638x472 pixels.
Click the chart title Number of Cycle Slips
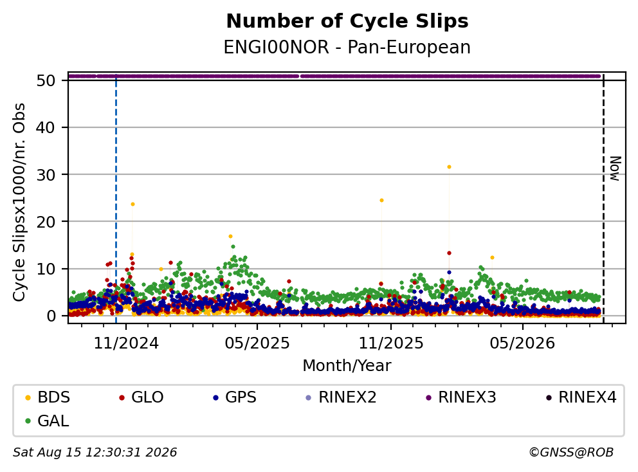[x=347, y=21]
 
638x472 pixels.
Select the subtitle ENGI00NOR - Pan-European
[x=347, y=47]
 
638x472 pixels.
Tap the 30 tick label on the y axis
[x=46, y=174]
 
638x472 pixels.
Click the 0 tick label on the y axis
[x=51, y=316]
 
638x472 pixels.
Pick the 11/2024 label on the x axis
[x=126, y=343]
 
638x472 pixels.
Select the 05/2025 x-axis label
[x=257, y=343]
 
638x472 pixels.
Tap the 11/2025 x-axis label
[x=391, y=343]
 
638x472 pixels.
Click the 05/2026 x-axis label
[x=522, y=343]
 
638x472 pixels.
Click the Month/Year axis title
[x=347, y=365]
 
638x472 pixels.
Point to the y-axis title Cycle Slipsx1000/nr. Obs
[x=19, y=202]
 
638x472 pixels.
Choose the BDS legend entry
[x=48, y=397]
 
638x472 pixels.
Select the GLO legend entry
[x=141, y=397]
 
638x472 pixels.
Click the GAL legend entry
[x=47, y=421]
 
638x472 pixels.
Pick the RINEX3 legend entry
[x=461, y=397]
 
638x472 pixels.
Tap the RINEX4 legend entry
[x=581, y=397]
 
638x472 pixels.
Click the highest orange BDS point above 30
[x=449, y=167]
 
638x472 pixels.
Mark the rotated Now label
[x=615, y=168]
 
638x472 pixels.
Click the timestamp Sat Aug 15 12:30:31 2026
[x=95, y=453]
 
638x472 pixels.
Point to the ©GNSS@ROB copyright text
[x=571, y=453]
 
